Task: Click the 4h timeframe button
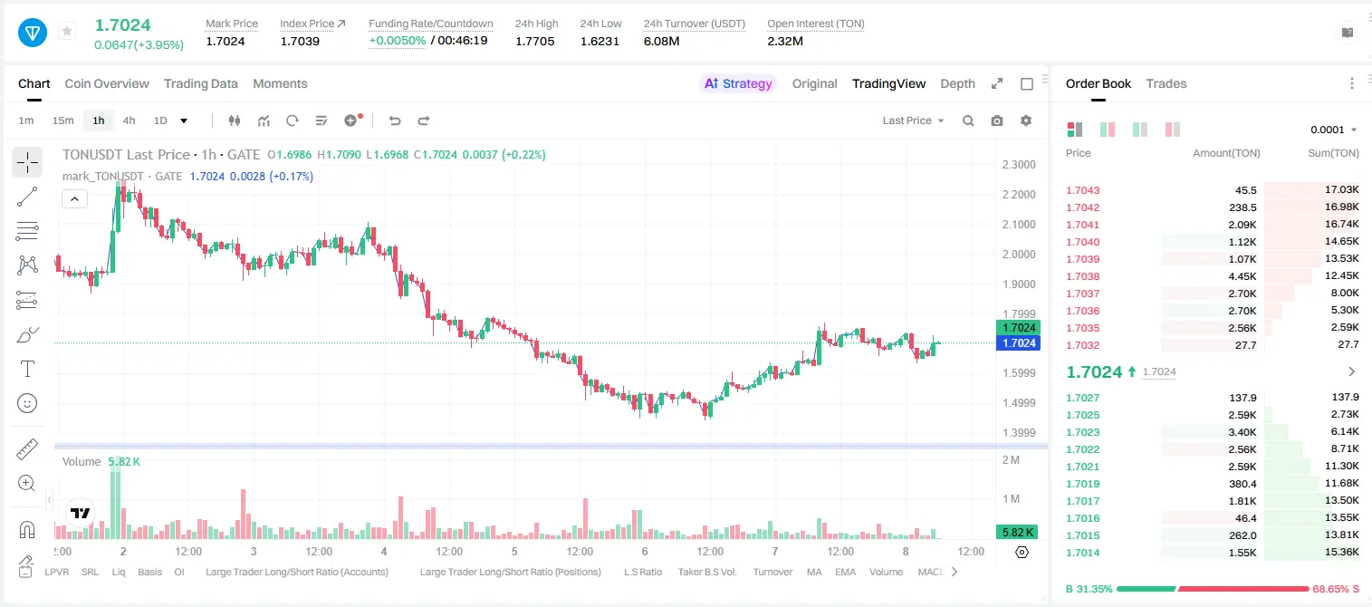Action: coord(129,120)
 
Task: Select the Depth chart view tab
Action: coord(957,84)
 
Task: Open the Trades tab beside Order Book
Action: coord(1166,84)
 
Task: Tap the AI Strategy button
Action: coord(738,84)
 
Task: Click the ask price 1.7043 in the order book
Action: coord(1082,190)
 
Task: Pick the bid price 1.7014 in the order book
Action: coord(1082,553)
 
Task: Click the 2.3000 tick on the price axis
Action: coord(1019,165)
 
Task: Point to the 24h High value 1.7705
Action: coord(534,41)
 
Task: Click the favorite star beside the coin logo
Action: coord(67,31)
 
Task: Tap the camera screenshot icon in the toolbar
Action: coord(997,120)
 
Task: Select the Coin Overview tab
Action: coord(107,84)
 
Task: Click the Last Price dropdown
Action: coord(913,120)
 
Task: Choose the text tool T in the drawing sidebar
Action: coord(27,370)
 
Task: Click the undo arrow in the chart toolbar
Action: coord(395,120)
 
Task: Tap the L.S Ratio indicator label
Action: coord(642,572)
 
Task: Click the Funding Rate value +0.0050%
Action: coord(397,41)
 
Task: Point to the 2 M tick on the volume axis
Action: coord(1011,460)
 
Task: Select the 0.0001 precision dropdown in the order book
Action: coord(1333,130)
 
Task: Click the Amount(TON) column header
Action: coord(1226,153)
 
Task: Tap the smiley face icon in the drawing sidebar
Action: coord(27,404)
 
